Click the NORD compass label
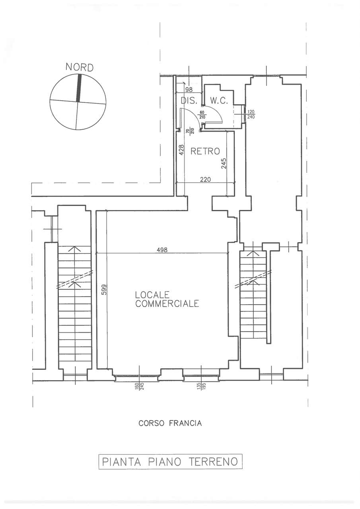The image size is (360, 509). pos(79,68)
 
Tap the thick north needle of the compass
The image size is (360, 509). pos(79,88)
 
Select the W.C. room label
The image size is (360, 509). pos(219,101)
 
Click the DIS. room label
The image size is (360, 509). pos(189,101)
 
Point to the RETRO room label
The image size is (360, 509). pos(205,151)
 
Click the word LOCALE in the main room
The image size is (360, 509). pos(152,295)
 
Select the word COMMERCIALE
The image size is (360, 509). pos(167,304)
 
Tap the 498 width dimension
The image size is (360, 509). pos(162,250)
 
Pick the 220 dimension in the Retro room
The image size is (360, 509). pos(205,179)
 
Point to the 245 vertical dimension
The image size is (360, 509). pos(224,163)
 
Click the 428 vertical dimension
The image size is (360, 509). pos(181,150)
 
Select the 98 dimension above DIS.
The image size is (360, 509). pos(189,89)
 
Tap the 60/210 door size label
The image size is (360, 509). pos(202,115)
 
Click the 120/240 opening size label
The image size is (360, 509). pos(251,115)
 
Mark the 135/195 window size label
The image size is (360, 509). pos(199,387)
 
